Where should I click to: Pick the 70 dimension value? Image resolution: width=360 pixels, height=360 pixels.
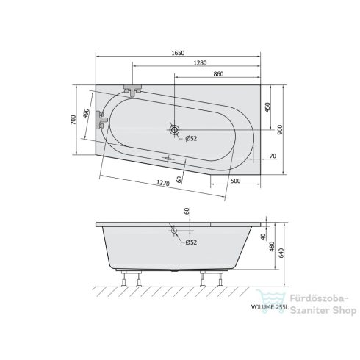pyautogui.click(x=272, y=156)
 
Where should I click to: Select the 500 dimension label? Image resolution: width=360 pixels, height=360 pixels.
pyautogui.click(x=235, y=180)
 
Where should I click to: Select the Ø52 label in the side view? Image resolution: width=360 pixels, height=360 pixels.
pyautogui.click(x=190, y=242)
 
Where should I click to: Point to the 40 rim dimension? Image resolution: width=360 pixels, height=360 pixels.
pyautogui.click(x=262, y=237)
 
